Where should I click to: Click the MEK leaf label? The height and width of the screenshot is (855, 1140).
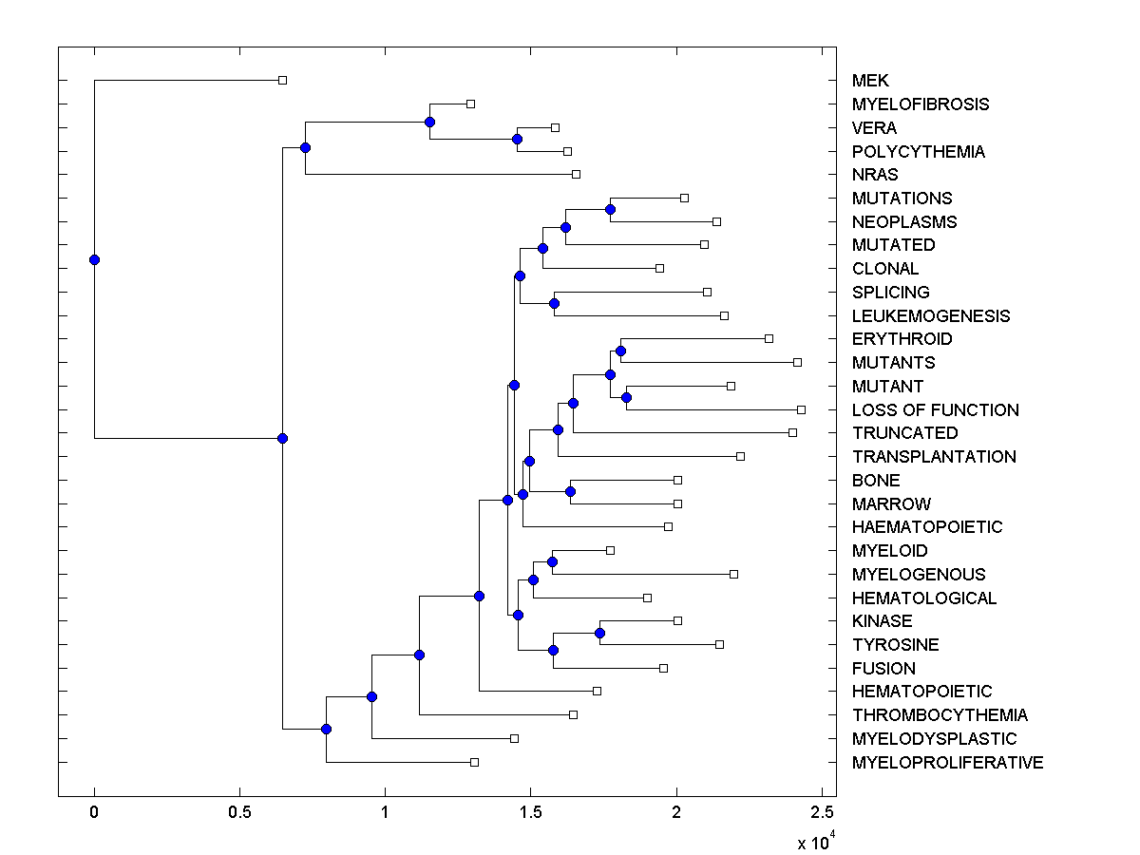coord(870,81)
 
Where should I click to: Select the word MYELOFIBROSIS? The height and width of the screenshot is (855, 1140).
coord(920,104)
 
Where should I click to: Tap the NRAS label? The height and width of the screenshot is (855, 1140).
coord(874,175)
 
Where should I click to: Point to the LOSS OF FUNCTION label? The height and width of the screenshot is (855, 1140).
coord(935,410)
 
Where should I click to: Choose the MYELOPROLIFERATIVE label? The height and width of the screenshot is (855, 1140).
coord(947,763)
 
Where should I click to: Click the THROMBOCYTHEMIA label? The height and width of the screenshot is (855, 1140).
coord(940,715)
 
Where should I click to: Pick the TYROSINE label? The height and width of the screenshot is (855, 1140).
coord(895,645)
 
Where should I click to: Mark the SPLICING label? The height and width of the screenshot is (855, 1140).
coord(890,293)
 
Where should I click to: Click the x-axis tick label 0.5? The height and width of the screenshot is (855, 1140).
coord(239,813)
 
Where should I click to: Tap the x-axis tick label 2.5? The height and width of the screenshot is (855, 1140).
coord(822,813)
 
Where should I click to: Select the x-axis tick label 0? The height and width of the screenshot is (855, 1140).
coord(94,813)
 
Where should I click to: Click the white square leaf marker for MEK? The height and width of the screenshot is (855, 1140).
coord(282,81)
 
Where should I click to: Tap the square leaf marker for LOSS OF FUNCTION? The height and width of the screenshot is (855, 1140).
coord(801,409)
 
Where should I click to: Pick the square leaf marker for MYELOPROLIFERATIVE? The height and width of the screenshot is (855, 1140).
coord(474,762)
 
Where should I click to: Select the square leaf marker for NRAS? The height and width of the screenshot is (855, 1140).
coord(576,174)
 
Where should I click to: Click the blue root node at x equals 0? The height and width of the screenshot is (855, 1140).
coord(94,259)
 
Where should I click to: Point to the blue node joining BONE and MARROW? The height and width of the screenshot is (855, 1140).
coord(570,491)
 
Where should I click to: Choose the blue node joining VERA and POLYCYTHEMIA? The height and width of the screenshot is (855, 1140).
coord(517,140)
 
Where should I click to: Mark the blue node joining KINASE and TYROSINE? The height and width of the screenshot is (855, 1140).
coord(599,633)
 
